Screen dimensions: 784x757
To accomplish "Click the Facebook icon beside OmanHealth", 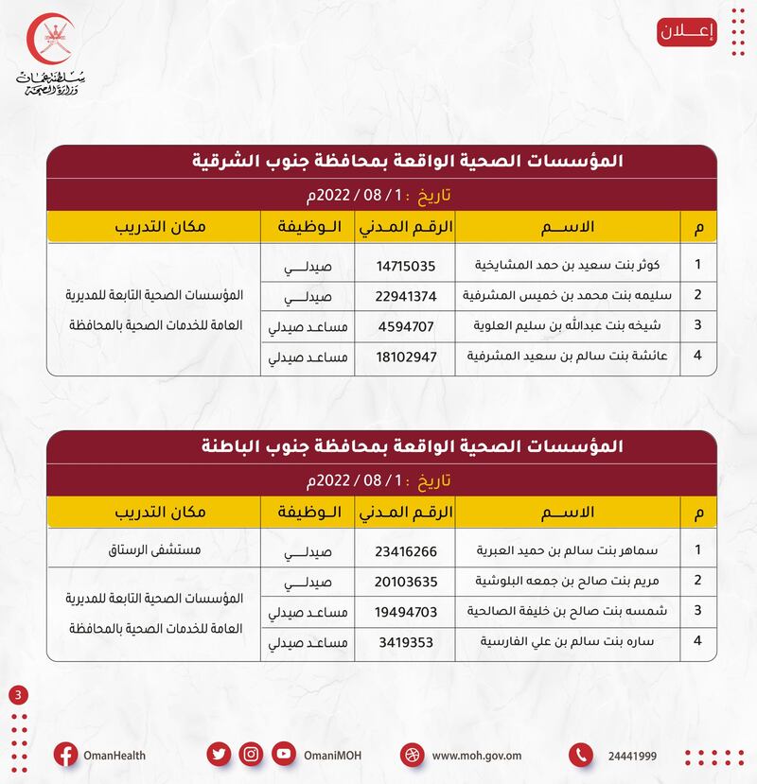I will click(65, 755).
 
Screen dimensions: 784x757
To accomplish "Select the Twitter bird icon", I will click(219, 755).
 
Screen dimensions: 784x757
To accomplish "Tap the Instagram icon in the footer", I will click(251, 755).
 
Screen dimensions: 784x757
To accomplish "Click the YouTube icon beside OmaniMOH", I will click(283, 755).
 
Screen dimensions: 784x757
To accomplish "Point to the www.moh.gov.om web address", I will click(477, 756).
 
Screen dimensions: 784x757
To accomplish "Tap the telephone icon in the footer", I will click(581, 755).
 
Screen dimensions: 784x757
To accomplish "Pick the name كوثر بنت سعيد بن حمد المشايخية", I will click(567, 265).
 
